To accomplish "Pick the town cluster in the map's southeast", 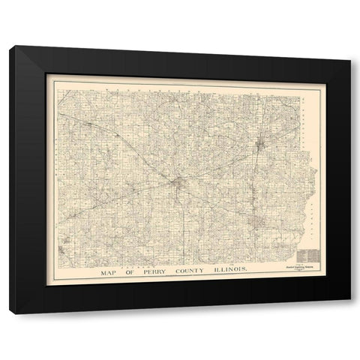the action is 259,223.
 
